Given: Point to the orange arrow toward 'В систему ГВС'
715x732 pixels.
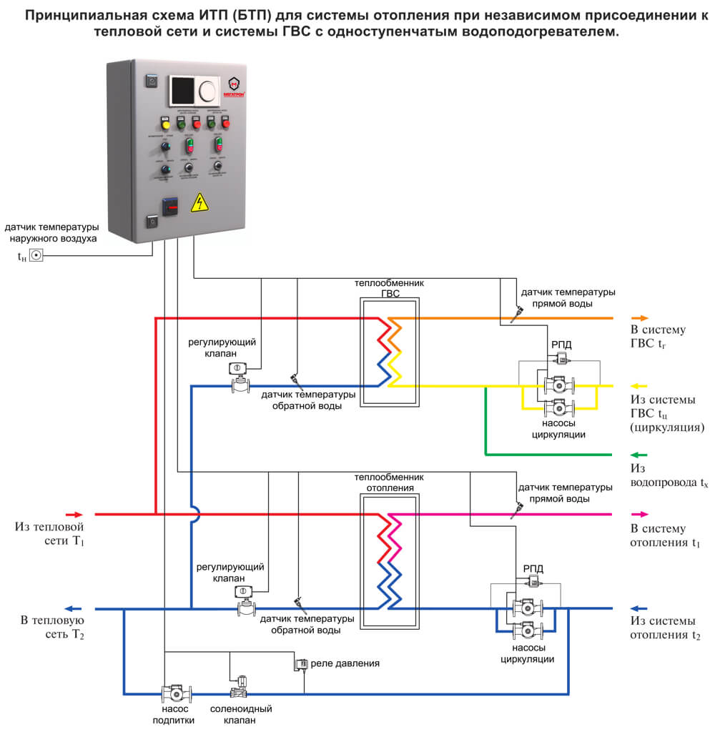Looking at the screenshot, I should [639, 318].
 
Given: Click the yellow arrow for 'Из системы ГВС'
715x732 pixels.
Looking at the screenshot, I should [639, 386].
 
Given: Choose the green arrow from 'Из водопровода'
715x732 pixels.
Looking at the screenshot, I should [639, 454].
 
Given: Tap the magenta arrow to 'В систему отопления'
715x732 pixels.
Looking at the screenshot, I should [639, 514].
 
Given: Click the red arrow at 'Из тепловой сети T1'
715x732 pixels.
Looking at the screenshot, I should [74, 514].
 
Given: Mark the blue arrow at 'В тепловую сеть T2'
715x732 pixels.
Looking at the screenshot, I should [74, 608].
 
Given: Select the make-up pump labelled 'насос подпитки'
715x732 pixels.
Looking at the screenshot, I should [177, 693].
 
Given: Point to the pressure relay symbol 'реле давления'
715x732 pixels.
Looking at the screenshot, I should [300, 665].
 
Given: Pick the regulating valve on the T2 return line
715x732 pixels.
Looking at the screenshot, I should [247, 602].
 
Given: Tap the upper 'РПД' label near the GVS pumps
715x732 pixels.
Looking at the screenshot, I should [561, 345].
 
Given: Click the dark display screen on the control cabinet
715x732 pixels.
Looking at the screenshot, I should [182, 91].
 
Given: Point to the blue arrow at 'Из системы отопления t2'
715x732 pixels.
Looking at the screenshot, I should [639, 608].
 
